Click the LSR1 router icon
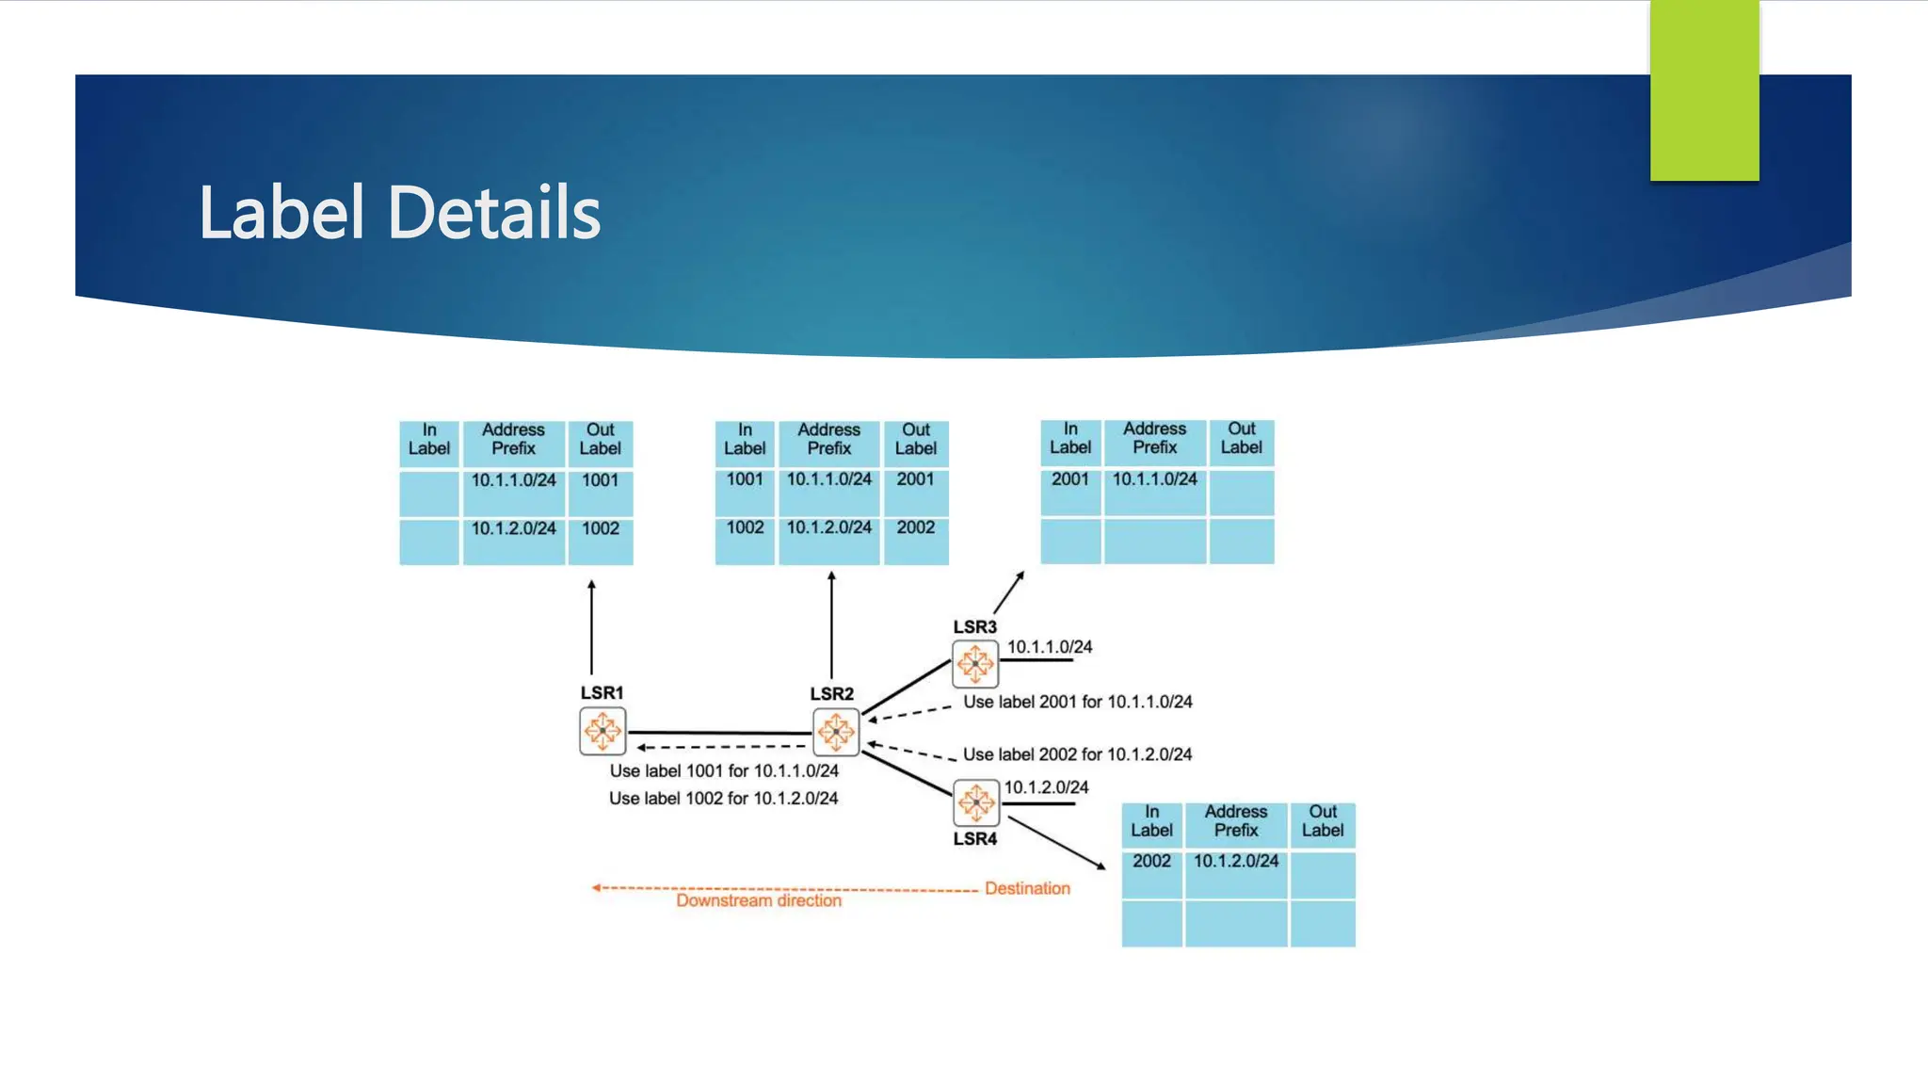click(602, 732)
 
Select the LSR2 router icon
click(836, 732)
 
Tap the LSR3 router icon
click(975, 664)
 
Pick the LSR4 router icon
click(976, 802)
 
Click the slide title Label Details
click(399, 213)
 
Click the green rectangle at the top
click(1704, 90)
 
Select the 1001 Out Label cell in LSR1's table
click(601, 481)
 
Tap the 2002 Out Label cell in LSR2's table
click(916, 528)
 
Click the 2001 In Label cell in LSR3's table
click(1070, 479)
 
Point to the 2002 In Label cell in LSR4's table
click(1151, 862)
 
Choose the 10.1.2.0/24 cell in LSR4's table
click(1236, 862)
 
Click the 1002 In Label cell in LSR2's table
click(745, 528)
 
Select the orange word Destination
click(1027, 888)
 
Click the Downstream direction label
click(759, 901)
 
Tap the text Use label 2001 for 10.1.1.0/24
click(1078, 703)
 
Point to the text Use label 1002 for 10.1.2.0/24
click(723, 799)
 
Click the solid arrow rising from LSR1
click(591, 626)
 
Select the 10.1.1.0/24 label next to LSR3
click(1050, 647)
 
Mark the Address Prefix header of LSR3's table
click(1155, 439)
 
